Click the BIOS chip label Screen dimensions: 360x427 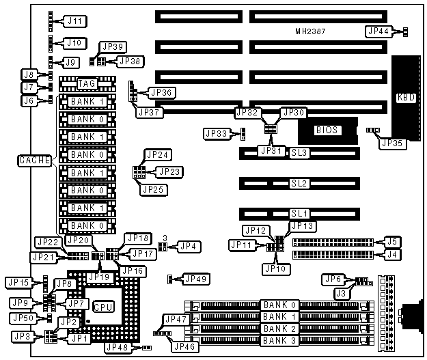tap(326, 130)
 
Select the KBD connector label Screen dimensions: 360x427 tap(403, 98)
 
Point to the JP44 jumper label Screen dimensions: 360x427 tap(378, 31)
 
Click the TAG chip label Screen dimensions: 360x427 tap(87, 83)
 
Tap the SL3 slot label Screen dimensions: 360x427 tap(299, 152)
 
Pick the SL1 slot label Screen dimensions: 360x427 tap(299, 214)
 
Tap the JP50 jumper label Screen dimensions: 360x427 tap(23, 318)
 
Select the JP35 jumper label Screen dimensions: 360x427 tap(393, 143)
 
